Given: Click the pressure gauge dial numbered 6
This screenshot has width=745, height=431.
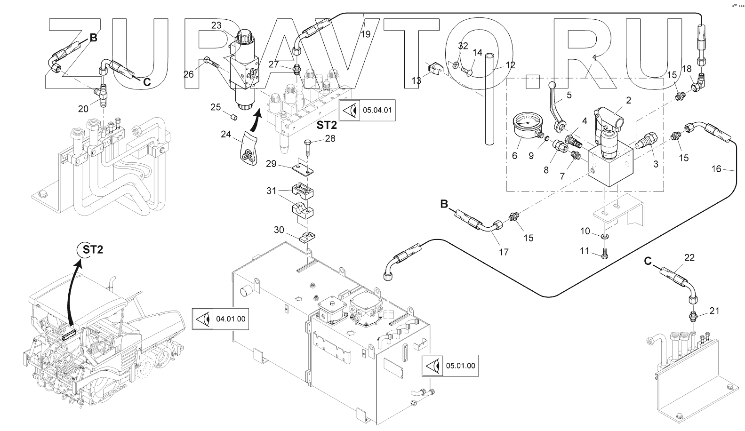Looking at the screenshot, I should coord(527,124).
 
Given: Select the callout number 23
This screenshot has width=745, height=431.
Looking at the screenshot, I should coord(216,25).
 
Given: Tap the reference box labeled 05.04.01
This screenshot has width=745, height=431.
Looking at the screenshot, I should coord(368,111).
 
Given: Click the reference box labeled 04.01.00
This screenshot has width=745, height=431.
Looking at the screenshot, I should coord(220,319).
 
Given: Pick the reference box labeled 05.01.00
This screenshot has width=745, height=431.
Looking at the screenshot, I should coord(450,366).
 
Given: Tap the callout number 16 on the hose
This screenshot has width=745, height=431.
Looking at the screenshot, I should coord(716,168).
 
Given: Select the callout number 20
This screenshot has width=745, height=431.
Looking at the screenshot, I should coord(83,109).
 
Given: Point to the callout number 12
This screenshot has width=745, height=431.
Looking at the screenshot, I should coord(510,65).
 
